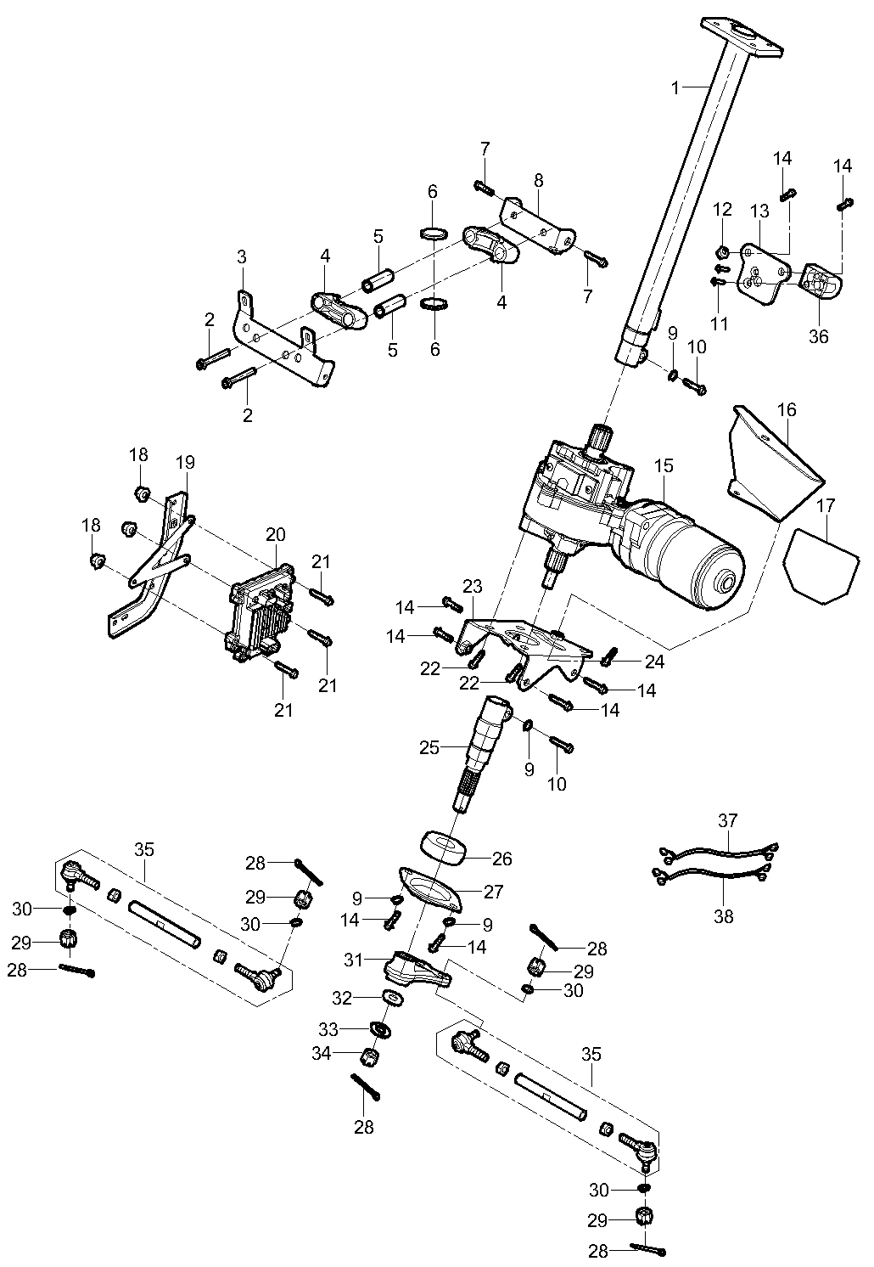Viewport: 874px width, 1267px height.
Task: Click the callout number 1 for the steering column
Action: (675, 87)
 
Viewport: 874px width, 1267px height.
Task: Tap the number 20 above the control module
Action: (276, 534)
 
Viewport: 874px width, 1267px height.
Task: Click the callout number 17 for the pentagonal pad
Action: (826, 507)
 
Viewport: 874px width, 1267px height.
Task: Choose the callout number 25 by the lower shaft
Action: (429, 747)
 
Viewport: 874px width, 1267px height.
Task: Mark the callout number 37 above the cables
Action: (728, 820)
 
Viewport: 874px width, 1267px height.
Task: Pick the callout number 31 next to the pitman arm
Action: (355, 960)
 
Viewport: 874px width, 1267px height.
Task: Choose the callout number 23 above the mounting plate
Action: (473, 586)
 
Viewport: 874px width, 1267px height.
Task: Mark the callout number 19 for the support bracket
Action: (185, 463)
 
